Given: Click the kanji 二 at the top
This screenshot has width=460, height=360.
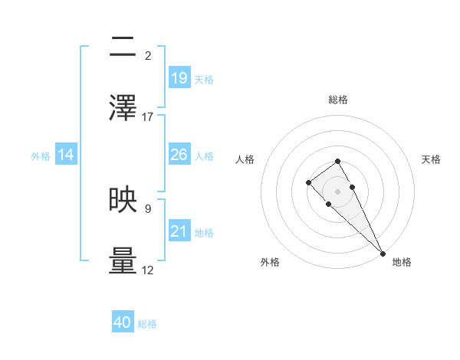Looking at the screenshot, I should [123, 47].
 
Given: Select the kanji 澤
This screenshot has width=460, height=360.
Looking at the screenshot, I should [123, 107].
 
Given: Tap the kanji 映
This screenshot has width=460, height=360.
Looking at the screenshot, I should [123, 199].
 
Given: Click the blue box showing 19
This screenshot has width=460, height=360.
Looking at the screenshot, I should [179, 77].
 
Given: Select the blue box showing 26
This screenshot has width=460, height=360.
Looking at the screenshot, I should [179, 155].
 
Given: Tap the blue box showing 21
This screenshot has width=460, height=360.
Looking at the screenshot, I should [179, 231].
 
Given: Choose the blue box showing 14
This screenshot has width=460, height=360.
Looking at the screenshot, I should [66, 155].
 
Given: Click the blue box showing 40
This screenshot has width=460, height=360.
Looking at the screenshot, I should [123, 323].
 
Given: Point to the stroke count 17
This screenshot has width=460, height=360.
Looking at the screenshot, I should [148, 117].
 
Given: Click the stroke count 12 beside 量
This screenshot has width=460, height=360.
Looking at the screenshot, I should [148, 270].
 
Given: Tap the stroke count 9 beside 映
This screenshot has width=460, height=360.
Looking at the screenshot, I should [148, 208].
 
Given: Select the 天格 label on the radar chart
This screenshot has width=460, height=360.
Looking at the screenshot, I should [432, 159].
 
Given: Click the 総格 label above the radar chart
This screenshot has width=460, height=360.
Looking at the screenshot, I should [338, 100].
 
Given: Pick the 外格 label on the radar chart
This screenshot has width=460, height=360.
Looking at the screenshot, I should [270, 262].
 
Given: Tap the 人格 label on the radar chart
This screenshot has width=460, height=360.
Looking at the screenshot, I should [245, 159].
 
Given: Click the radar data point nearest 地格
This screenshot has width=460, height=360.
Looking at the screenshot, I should [383, 253].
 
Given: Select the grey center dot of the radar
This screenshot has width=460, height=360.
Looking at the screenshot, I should [338, 191].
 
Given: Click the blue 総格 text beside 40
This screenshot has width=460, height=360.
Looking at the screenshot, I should [147, 324].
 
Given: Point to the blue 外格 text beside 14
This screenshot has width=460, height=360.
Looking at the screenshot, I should [41, 155].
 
